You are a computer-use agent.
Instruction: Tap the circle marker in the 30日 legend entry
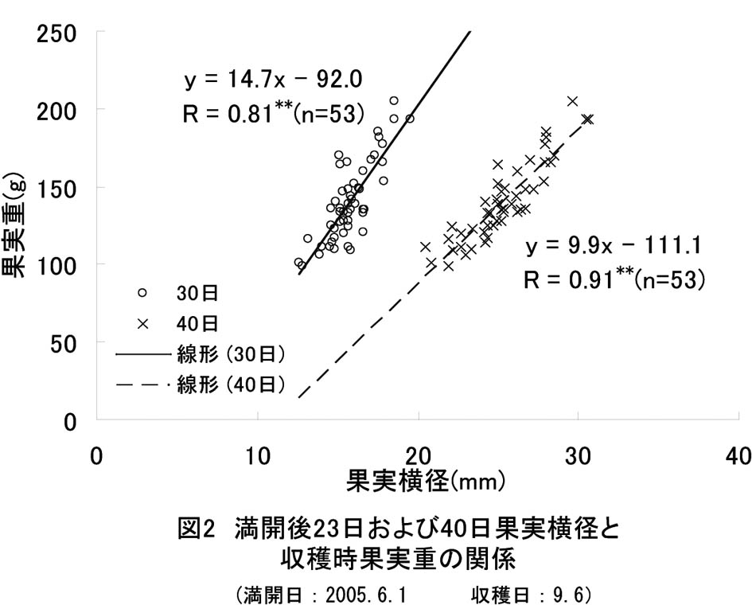pyautogui.click(x=142, y=292)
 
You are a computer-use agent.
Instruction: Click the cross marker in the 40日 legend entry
pyautogui.click(x=142, y=323)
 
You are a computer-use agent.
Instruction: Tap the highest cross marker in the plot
pyautogui.click(x=572, y=101)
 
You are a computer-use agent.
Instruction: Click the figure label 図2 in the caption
pyautogui.click(x=196, y=529)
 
